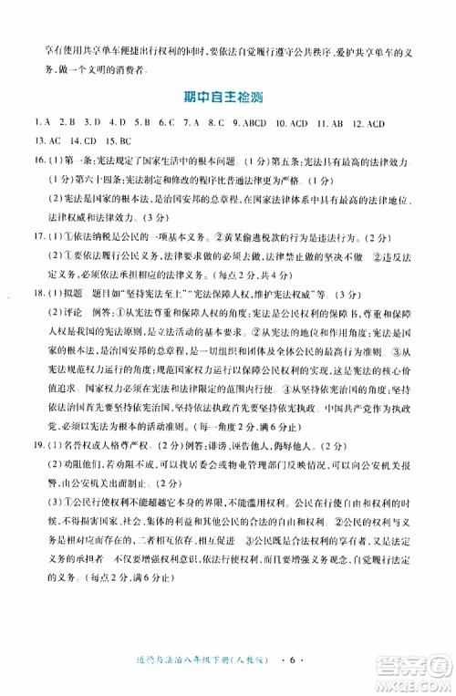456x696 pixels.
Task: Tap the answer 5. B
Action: point(141,121)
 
